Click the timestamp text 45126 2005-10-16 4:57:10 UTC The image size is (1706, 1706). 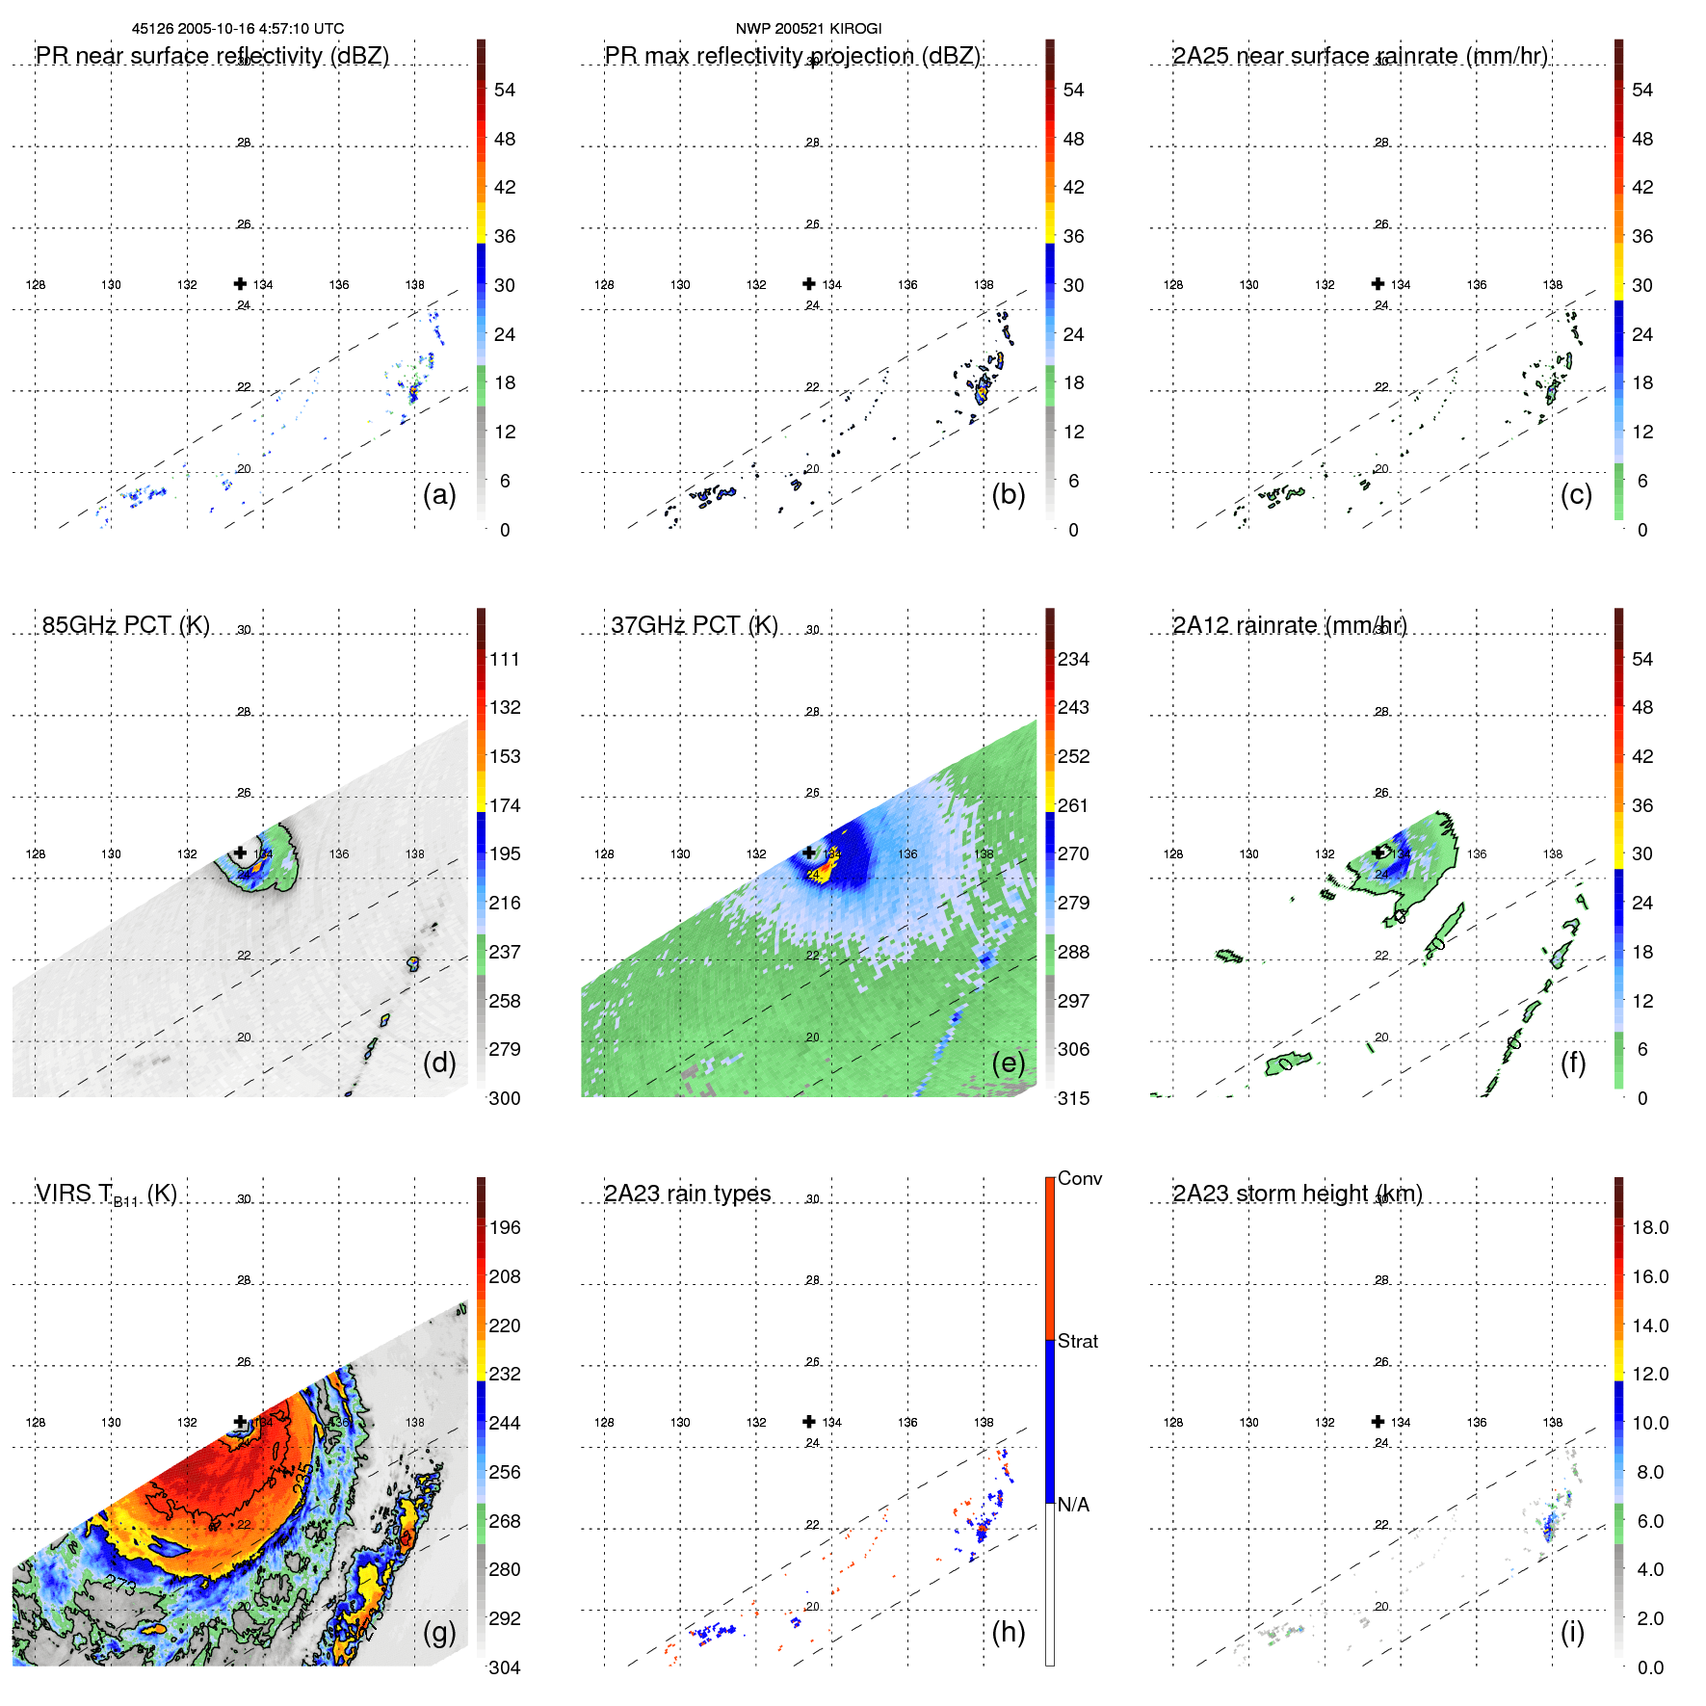pos(237,29)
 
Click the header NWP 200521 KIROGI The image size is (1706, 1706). pos(808,29)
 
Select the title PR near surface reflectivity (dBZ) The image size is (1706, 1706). pos(212,56)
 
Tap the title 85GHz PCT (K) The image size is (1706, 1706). pos(125,625)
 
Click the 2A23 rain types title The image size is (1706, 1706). pos(687,1194)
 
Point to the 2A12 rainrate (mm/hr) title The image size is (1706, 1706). pos(1289,625)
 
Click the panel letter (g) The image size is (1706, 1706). pos(439,1632)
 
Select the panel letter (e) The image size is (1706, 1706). pos(1008,1063)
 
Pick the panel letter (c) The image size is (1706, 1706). pos(1576,494)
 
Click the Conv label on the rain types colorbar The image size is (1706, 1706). pos(1079,1178)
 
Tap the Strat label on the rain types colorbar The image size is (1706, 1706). pos(1077,1341)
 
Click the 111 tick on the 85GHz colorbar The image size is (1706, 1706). pos(505,659)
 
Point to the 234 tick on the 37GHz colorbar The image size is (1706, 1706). pos(1073,659)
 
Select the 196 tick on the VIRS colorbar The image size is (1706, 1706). pos(505,1227)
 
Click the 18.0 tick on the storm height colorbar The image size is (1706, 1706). pos(1650,1227)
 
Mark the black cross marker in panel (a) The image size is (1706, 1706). pos(240,284)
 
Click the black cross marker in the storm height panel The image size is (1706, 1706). pos(1378,1422)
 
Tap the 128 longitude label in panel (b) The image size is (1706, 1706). pos(604,285)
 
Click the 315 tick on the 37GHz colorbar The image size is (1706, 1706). pos(1073,1098)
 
